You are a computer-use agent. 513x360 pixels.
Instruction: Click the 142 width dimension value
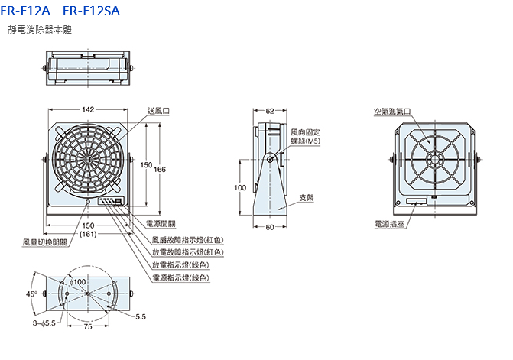pos(89,110)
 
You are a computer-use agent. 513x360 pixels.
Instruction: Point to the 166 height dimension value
pos(160,169)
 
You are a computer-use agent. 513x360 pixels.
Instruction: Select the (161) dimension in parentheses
pos(89,235)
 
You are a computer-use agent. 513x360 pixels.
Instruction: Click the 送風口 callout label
pos(159,111)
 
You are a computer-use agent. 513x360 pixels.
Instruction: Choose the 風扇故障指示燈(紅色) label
pos(187,238)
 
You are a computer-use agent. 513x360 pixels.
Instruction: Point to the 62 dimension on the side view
pos(270,111)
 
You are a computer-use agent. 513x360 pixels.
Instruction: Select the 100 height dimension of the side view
pos(239,187)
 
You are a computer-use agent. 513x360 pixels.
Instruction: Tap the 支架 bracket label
pos(306,197)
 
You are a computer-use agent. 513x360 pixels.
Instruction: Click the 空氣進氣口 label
pos(392,111)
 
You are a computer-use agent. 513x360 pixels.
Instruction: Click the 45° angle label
pos(31,293)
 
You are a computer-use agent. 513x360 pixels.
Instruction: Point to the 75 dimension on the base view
pos(89,326)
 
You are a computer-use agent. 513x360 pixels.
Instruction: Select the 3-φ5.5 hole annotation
pos(44,324)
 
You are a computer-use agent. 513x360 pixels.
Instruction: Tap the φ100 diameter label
pos(78,283)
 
